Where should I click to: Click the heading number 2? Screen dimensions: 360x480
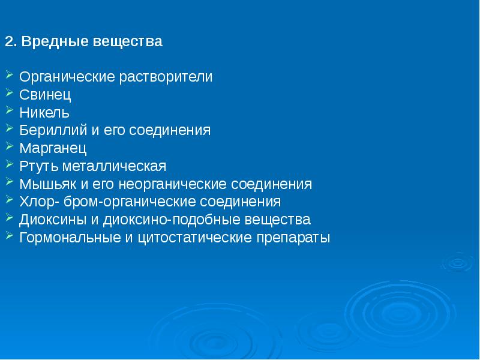[9, 43]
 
